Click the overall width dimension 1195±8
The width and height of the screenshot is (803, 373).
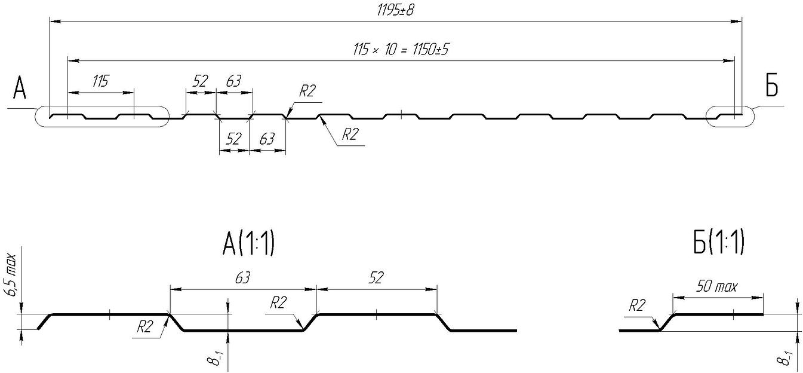point(395,11)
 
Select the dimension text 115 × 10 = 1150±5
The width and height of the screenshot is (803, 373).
point(401,50)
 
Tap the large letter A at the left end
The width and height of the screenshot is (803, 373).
point(20,88)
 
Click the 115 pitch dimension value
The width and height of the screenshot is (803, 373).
point(100,81)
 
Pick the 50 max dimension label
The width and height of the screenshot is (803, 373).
point(717,286)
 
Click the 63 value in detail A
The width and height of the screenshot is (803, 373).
point(242,278)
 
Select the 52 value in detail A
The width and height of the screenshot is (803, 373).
point(376,277)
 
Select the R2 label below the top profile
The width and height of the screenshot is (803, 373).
point(350,134)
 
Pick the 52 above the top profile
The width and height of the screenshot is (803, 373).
point(200,81)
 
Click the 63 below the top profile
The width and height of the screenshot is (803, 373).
point(267,139)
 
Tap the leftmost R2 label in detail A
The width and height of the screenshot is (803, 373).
point(145,327)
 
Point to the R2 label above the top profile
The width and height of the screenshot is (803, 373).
point(307,91)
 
